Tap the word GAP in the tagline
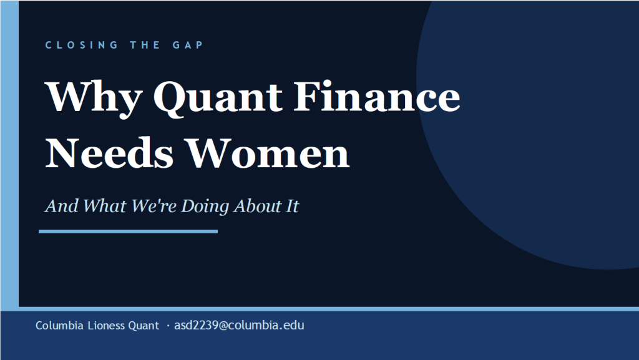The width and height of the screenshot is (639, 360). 186,45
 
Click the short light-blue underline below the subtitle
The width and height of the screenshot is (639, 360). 128,231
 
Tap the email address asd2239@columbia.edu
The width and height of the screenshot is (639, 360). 239,326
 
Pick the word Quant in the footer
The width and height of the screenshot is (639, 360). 144,326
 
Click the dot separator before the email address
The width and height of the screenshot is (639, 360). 168,326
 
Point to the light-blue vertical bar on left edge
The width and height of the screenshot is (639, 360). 9,156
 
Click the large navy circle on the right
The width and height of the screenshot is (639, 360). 537,137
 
